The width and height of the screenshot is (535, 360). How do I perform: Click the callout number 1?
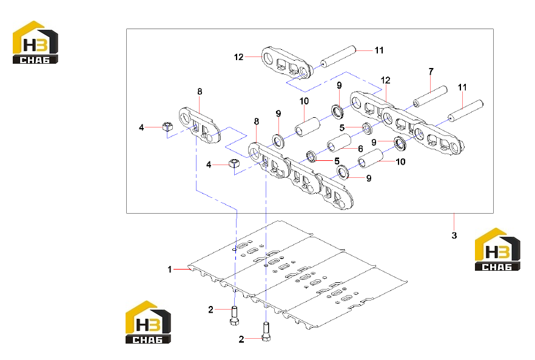pyautogui.click(x=170, y=270)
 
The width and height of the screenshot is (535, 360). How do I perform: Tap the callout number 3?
pyautogui.click(x=454, y=236)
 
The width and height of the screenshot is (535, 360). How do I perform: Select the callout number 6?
pyautogui.click(x=360, y=149)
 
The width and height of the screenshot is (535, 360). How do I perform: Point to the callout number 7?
pyautogui.click(x=431, y=72)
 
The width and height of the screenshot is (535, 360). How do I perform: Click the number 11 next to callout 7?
pyautogui.click(x=462, y=87)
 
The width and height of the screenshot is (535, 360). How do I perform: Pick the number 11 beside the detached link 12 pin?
pyautogui.click(x=379, y=50)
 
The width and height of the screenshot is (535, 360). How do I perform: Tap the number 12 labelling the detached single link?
pyautogui.click(x=238, y=57)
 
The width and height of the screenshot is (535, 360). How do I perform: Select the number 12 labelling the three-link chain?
pyautogui.click(x=385, y=80)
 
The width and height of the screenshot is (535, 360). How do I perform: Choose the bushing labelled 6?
pyautogui.click(x=339, y=143)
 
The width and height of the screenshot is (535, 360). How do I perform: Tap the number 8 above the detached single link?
pyautogui.click(x=200, y=92)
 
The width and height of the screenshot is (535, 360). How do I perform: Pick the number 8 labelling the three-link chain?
pyautogui.click(x=256, y=121)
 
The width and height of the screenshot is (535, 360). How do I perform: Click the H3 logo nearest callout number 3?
pyautogui.click(x=497, y=250)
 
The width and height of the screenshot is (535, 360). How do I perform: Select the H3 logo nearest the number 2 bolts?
pyautogui.click(x=148, y=322)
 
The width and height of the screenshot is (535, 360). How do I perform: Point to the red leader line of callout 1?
pyautogui.click(x=182, y=270)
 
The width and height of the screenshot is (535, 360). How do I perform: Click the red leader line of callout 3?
pyautogui.click(x=454, y=222)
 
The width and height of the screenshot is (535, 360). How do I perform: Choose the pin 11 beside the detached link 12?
pyautogui.click(x=338, y=56)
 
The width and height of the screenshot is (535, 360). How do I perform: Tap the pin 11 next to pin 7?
pyautogui.click(x=465, y=111)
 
